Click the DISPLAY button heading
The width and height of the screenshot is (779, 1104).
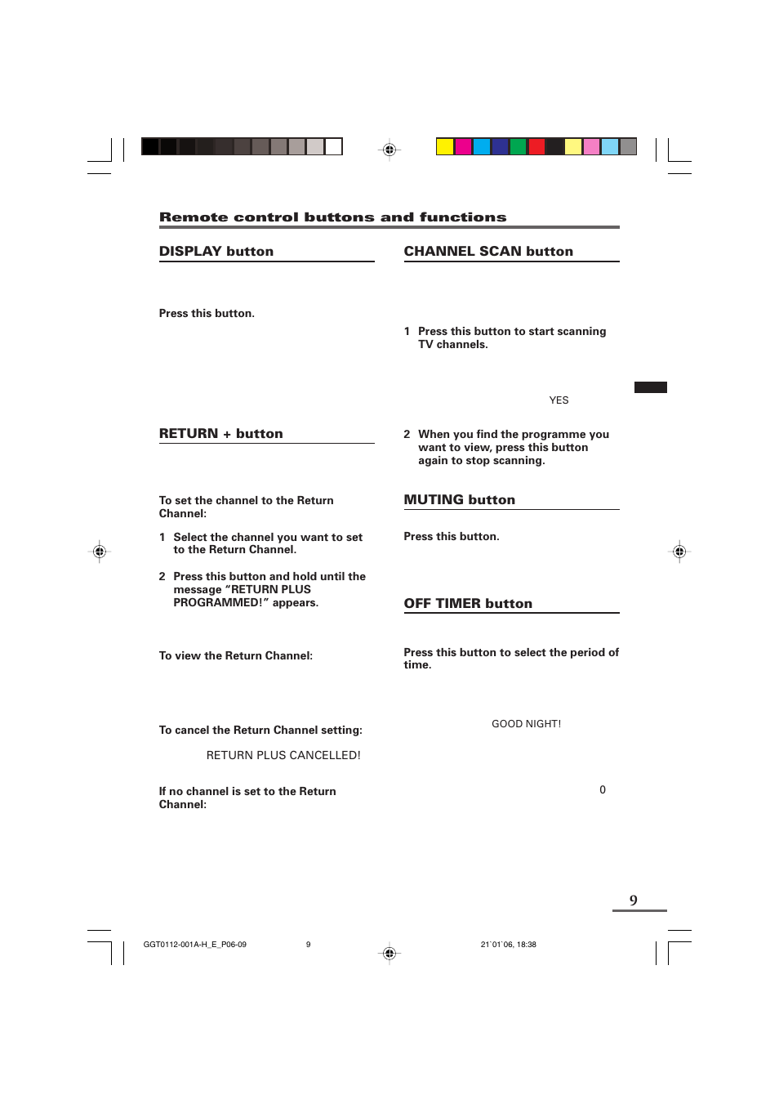point(216,252)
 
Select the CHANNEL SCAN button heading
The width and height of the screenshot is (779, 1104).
point(488,252)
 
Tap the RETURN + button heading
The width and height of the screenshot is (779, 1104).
point(220,434)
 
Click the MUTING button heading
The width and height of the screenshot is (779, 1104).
point(459,500)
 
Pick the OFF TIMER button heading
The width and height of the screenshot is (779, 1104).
point(468,604)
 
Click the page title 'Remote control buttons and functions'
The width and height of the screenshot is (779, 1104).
point(332,217)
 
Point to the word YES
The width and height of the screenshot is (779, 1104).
point(559,400)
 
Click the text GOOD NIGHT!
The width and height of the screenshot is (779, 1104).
point(526,724)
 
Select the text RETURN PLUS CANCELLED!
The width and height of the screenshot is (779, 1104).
point(283,756)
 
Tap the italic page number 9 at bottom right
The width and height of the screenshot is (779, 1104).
point(634,901)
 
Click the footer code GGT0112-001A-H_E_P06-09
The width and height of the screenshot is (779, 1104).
point(194,945)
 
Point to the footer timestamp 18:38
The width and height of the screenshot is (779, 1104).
point(527,945)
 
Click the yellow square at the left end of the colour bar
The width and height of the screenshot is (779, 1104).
point(444,147)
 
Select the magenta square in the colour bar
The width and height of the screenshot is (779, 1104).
point(463,147)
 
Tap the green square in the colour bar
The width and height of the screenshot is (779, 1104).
point(518,147)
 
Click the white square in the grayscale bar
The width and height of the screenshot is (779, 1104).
point(333,147)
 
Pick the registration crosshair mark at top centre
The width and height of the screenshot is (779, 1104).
point(389,150)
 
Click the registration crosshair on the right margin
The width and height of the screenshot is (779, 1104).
point(679,552)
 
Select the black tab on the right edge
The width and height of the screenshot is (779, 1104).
point(650,387)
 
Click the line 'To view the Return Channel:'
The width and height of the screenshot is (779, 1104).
point(235,656)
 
